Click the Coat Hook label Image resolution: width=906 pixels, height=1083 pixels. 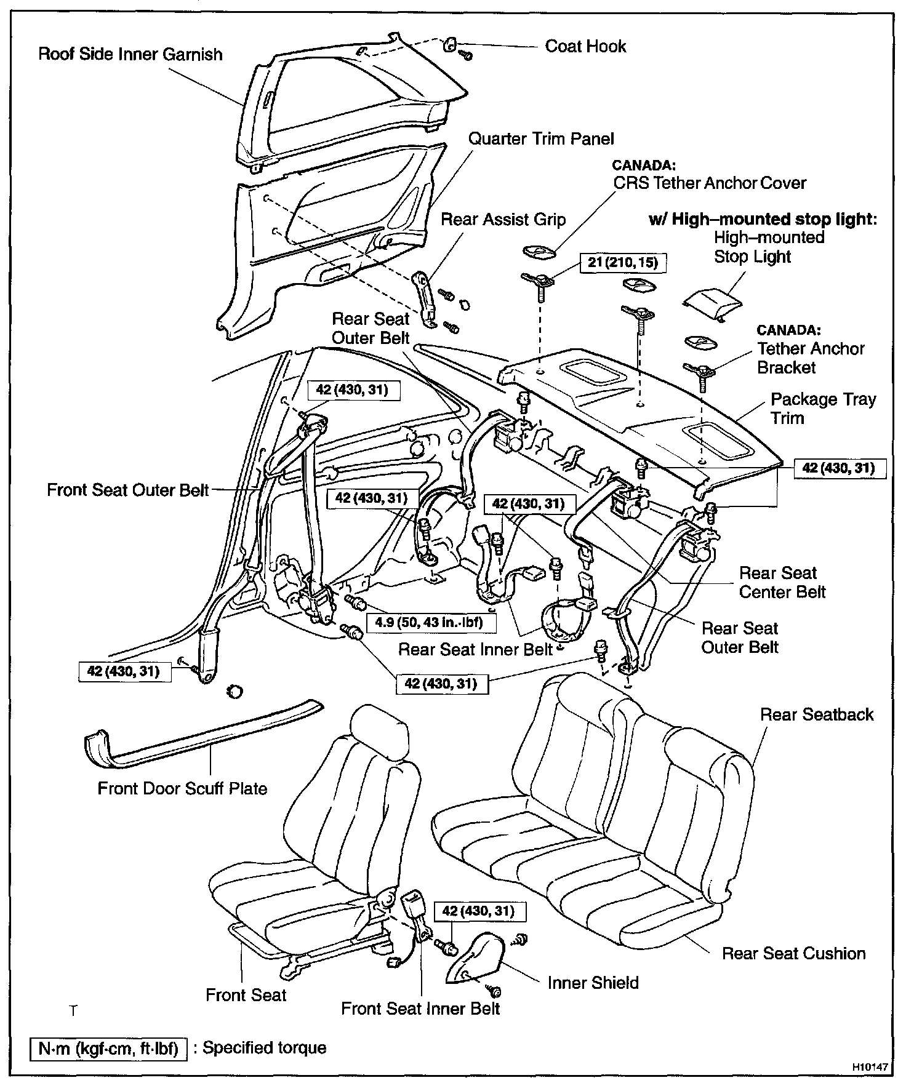click(585, 47)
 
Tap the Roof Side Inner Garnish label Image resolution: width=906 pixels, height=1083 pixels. click(130, 54)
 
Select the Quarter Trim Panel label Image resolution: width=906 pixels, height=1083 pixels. click(541, 139)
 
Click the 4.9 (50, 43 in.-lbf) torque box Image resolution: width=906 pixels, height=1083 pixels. click(429, 622)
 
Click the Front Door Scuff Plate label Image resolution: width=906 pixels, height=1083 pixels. click(182, 789)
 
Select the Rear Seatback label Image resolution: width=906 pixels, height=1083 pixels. click(817, 714)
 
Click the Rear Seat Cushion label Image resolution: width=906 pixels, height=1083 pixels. click(793, 954)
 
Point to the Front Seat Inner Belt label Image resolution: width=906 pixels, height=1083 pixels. click(420, 1009)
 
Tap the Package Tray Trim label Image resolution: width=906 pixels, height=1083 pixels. click(823, 409)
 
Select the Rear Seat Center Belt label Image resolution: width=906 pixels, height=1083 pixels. click(782, 583)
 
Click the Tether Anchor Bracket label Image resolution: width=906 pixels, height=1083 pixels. click(811, 358)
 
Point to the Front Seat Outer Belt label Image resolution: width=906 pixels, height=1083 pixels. click(128, 490)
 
